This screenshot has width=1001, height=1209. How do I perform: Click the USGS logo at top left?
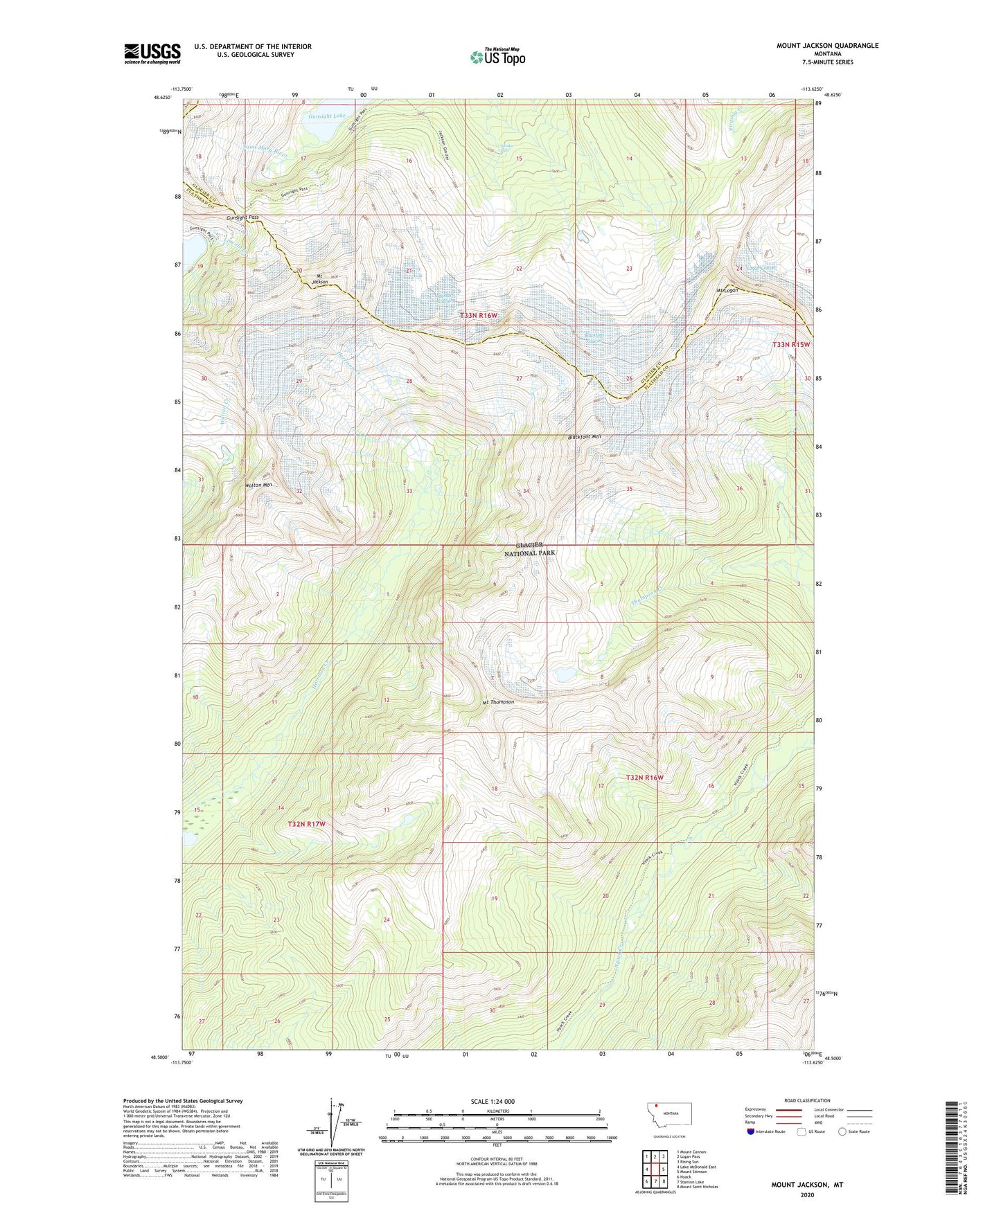152,53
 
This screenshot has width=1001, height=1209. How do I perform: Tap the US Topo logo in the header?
497,57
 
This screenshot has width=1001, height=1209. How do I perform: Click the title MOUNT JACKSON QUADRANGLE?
827,46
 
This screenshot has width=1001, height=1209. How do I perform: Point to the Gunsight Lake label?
327,116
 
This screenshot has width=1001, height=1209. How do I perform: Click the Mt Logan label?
727,290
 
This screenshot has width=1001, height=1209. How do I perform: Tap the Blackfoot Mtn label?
585,437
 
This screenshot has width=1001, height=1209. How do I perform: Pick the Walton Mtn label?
258,485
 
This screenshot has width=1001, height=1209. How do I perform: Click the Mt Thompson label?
498,702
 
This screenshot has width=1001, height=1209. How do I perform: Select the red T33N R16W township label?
479,316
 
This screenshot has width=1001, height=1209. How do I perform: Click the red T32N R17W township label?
306,824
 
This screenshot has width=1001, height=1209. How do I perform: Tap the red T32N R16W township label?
644,778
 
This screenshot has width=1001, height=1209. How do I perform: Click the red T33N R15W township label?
791,344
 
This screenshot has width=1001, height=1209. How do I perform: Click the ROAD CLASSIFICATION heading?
807,1100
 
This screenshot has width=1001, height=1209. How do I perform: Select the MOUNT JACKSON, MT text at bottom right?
807,1185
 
